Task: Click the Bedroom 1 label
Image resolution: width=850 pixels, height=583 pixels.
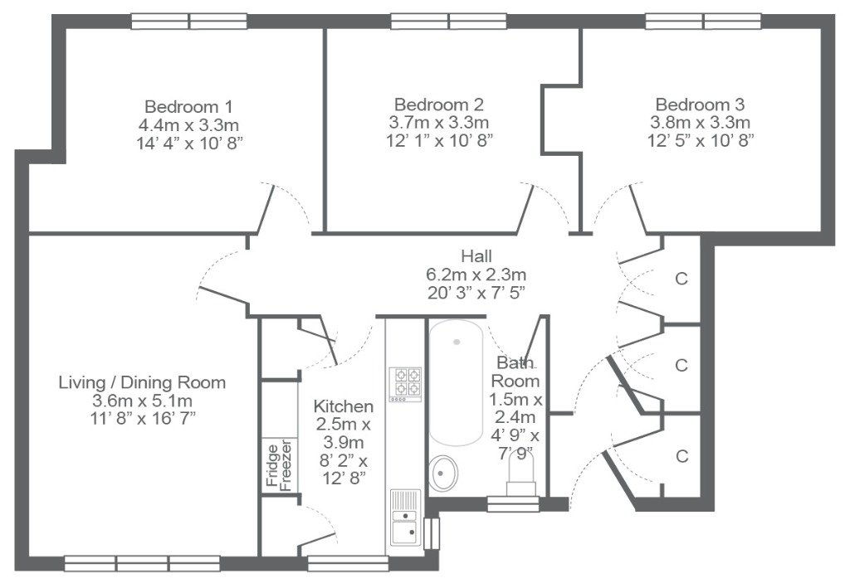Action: click(x=188, y=106)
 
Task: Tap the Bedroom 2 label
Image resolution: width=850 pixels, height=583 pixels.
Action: click(x=438, y=104)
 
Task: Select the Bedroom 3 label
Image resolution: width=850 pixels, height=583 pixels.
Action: click(x=700, y=104)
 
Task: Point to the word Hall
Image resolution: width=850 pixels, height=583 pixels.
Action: click(x=476, y=255)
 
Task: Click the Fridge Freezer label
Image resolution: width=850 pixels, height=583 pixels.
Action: click(x=279, y=467)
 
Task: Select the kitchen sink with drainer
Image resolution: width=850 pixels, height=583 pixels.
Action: click(x=405, y=517)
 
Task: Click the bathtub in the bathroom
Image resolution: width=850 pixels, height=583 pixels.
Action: click(x=456, y=382)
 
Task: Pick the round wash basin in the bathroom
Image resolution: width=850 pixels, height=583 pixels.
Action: click(x=443, y=473)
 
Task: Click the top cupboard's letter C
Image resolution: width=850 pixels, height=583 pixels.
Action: click(x=681, y=279)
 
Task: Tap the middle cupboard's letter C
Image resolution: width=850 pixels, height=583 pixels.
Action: click(x=681, y=365)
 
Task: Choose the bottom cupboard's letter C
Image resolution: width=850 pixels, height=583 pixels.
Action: click(x=682, y=456)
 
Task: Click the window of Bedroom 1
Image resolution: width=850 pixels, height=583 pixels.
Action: click(x=189, y=22)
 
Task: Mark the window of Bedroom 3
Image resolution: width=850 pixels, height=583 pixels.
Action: click(x=703, y=22)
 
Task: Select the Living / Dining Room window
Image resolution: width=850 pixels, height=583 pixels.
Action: click(x=142, y=563)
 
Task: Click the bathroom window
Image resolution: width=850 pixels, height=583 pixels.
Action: click(x=513, y=504)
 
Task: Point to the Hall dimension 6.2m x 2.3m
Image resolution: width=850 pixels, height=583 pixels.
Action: click(x=476, y=274)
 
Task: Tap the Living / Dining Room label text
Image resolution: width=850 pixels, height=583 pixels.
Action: click(x=142, y=382)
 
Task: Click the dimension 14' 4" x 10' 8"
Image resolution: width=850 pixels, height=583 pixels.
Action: click(x=188, y=143)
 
